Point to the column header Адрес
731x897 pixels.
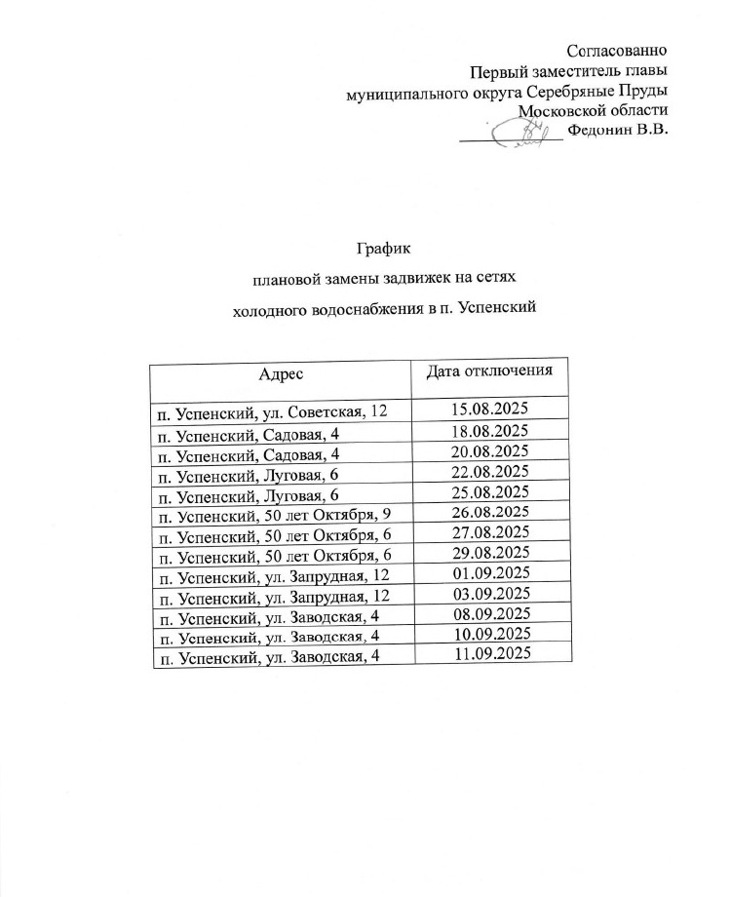(x=281, y=374)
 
